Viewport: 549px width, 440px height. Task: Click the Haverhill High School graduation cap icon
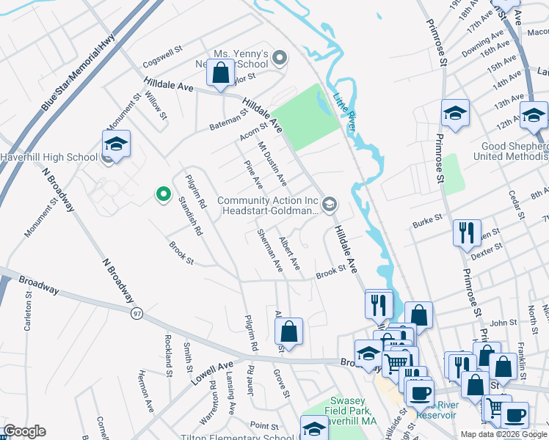(x=116, y=144)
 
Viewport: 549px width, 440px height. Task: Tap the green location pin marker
(x=162, y=194)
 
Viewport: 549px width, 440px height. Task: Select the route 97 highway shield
(x=137, y=314)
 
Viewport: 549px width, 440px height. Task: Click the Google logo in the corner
(x=24, y=431)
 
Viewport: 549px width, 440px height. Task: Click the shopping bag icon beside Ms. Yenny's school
(x=220, y=73)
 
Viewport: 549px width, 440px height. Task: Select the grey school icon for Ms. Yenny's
(x=278, y=57)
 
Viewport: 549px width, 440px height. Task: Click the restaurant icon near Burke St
(x=467, y=233)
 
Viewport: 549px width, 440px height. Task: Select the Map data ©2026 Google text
(x=503, y=434)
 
